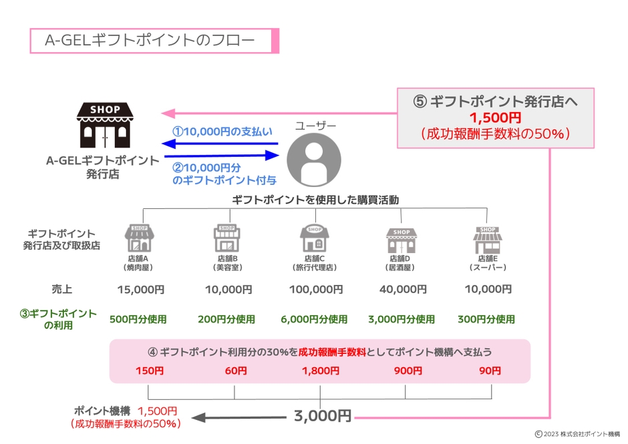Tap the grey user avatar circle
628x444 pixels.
pos(313,160)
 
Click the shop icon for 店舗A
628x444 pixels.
pos(139,238)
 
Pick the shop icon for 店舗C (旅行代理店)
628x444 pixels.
pos(314,238)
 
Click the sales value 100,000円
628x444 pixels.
pos(315,290)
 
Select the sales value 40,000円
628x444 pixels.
pos(402,290)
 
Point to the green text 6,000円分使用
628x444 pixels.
pos(315,320)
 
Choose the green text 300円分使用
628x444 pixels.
pos(486,320)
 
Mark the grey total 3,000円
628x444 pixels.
pos(322,416)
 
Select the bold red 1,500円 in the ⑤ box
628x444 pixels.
pos(495,118)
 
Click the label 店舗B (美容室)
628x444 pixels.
pos(226,262)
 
